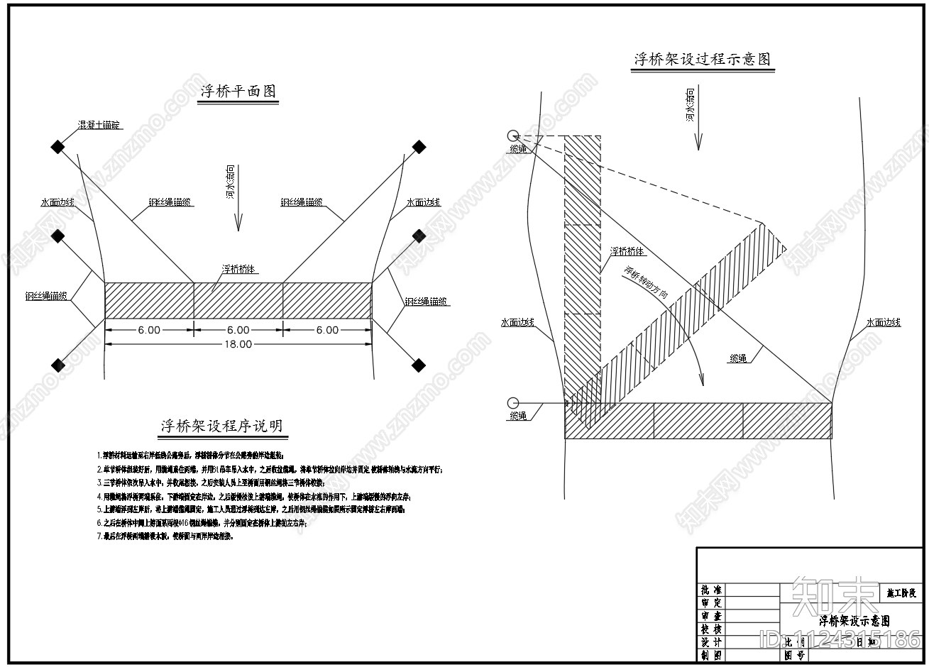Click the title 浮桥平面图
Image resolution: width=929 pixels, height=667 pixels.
pos(238,92)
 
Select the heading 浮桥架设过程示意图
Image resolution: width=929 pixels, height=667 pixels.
pos(702,60)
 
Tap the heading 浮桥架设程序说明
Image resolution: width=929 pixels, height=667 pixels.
pos(221,426)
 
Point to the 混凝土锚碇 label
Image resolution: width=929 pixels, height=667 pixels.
pos(100,125)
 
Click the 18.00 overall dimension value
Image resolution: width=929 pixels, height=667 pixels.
pos(238,345)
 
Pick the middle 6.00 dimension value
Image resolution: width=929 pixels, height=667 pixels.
pos(238,330)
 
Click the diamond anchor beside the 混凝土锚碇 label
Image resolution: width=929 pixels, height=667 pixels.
pos(57,147)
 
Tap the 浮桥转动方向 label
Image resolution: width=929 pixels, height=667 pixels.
pos(645,282)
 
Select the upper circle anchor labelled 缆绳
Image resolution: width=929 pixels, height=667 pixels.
pos(513,136)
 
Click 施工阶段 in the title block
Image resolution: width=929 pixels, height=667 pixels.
pos(901,592)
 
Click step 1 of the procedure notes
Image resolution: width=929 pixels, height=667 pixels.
pos(191,455)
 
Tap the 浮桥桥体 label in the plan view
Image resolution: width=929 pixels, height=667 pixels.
pos(239,270)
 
